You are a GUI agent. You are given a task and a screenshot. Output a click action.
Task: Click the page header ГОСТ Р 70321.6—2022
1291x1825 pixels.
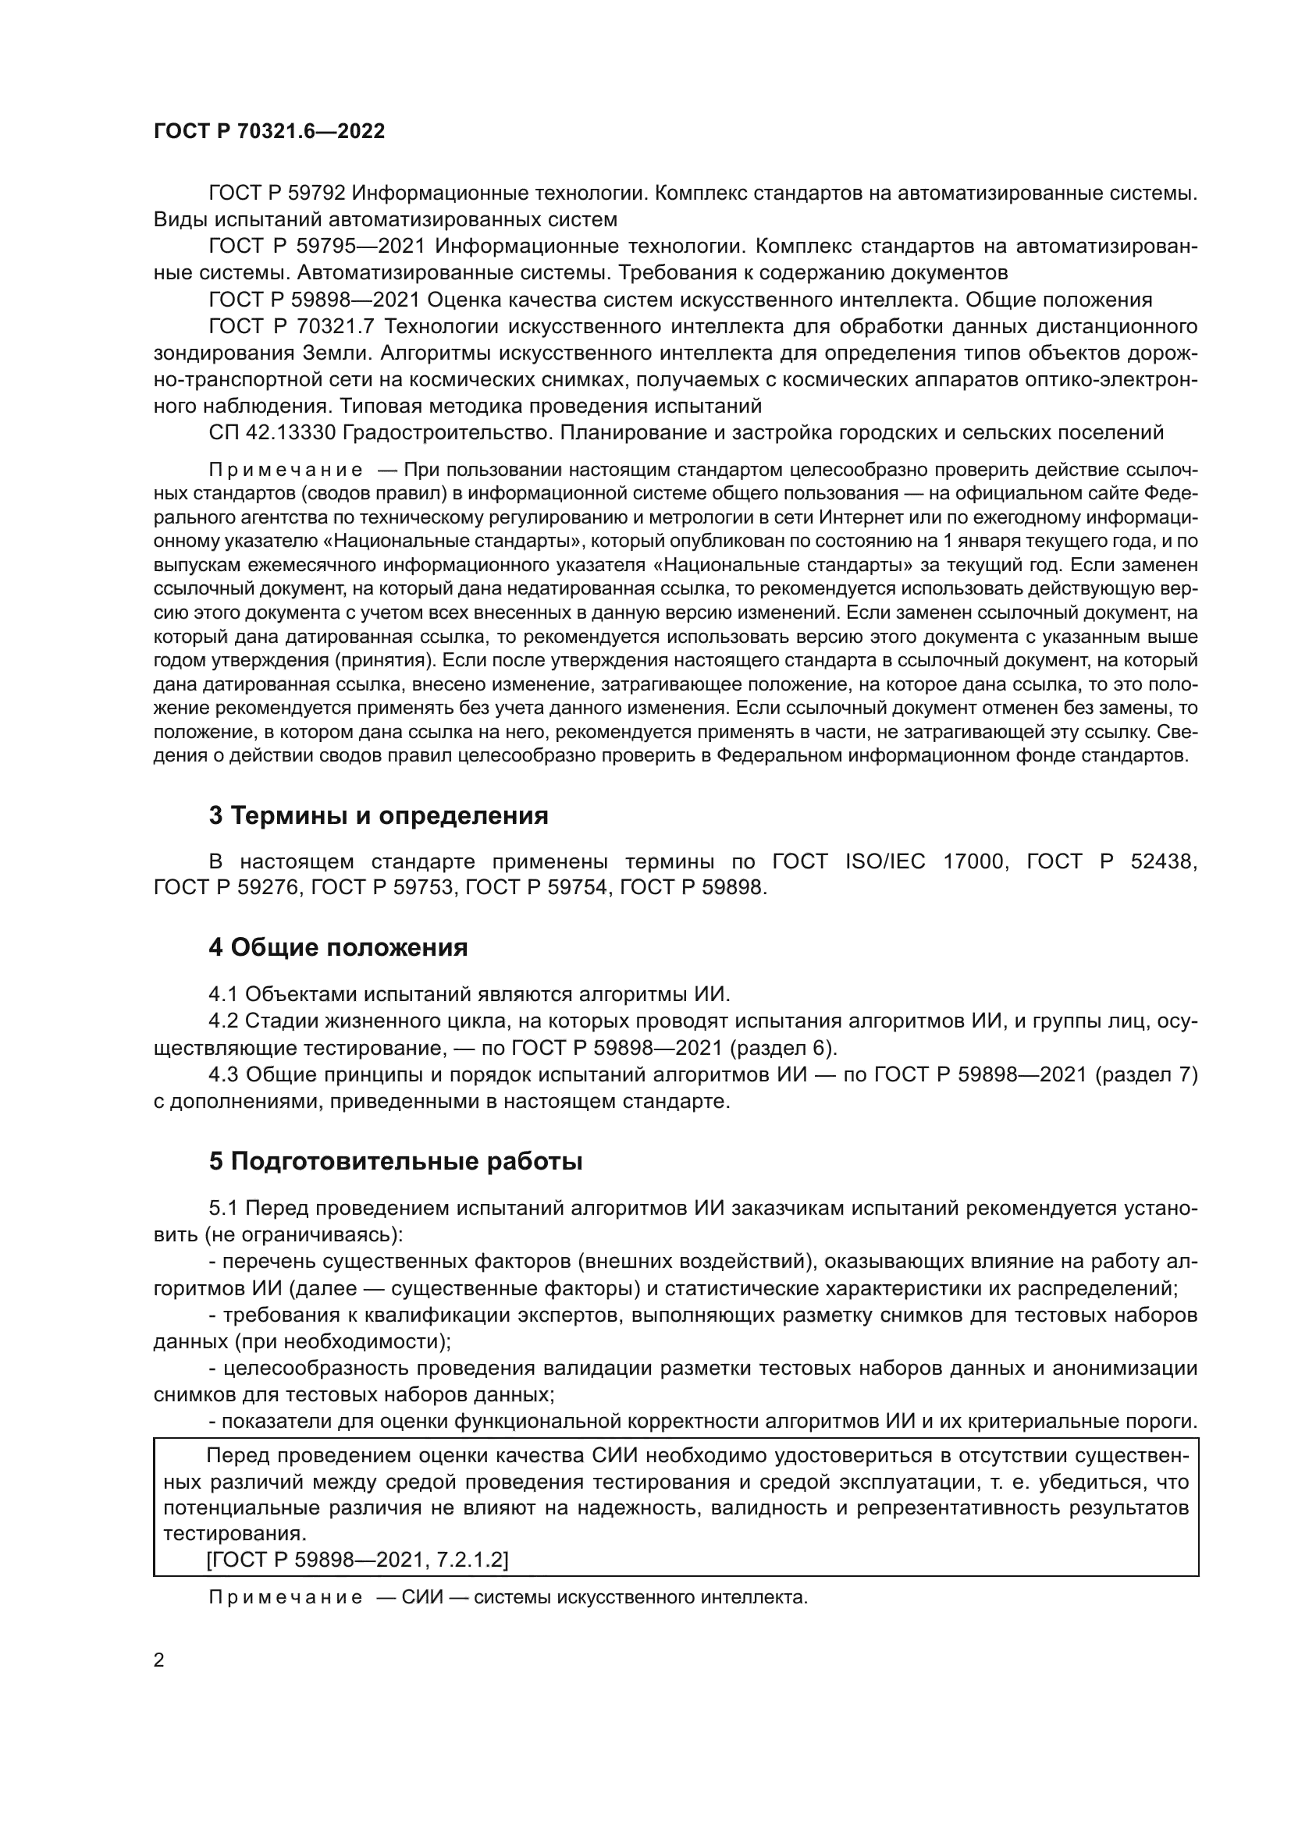pos(269,132)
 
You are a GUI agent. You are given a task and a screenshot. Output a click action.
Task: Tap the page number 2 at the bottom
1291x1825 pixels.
pos(159,1661)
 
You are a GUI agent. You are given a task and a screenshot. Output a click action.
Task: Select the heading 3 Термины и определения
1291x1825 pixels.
pos(379,815)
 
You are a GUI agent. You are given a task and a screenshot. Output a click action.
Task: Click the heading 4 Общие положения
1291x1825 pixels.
pos(338,947)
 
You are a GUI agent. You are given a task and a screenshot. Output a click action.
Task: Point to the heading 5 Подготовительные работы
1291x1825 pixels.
pos(396,1161)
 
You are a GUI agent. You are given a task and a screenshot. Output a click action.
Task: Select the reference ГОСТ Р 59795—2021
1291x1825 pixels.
pos(317,247)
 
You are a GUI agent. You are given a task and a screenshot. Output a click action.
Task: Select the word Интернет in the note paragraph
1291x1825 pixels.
pos(858,518)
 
